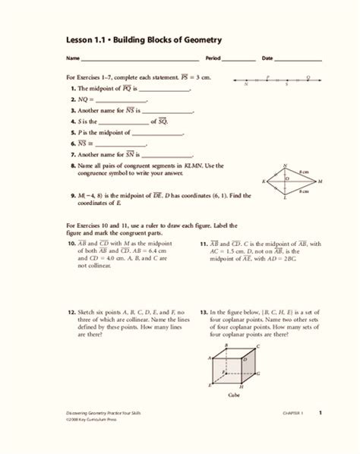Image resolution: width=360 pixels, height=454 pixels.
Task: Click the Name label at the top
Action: click(x=73, y=58)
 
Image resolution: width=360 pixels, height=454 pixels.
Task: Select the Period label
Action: click(x=213, y=58)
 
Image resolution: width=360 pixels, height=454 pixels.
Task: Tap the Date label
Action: click(x=267, y=58)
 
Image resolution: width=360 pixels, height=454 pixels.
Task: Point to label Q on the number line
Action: click(x=308, y=76)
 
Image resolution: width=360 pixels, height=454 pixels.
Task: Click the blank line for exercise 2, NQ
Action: click(x=122, y=99)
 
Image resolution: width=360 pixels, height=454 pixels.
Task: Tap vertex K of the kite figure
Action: click(x=264, y=182)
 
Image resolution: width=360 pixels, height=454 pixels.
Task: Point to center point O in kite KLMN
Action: click(x=286, y=179)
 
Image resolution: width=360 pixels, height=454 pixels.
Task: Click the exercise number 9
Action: click(x=71, y=195)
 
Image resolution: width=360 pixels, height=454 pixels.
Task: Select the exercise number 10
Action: click(x=71, y=243)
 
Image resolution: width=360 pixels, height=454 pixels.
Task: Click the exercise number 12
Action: click(x=71, y=311)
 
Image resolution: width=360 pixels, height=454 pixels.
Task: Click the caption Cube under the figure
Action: click(x=234, y=396)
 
